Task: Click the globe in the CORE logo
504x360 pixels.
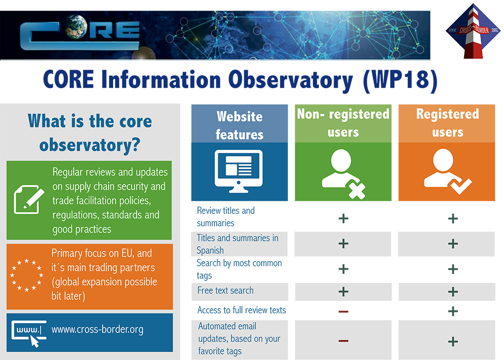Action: point(76,27)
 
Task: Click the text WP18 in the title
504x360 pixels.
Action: point(400,79)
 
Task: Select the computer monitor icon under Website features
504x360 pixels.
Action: point(239,171)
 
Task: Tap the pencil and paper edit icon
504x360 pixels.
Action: point(29,199)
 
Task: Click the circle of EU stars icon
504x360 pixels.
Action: point(27,276)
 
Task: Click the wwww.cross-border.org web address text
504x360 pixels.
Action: point(98,329)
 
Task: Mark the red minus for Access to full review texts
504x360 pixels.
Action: point(343,311)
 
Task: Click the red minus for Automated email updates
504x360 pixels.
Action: point(343,341)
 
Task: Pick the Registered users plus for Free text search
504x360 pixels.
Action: point(453,292)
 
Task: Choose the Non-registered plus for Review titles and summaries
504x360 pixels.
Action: point(343,218)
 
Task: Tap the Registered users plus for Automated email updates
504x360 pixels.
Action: point(453,341)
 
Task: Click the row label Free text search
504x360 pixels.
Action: point(225,290)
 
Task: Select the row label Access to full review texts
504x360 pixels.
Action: point(242,310)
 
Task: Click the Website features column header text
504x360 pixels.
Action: point(240,126)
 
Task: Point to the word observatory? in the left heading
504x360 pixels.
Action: point(90,145)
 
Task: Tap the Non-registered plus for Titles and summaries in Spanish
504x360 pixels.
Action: point(343,243)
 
